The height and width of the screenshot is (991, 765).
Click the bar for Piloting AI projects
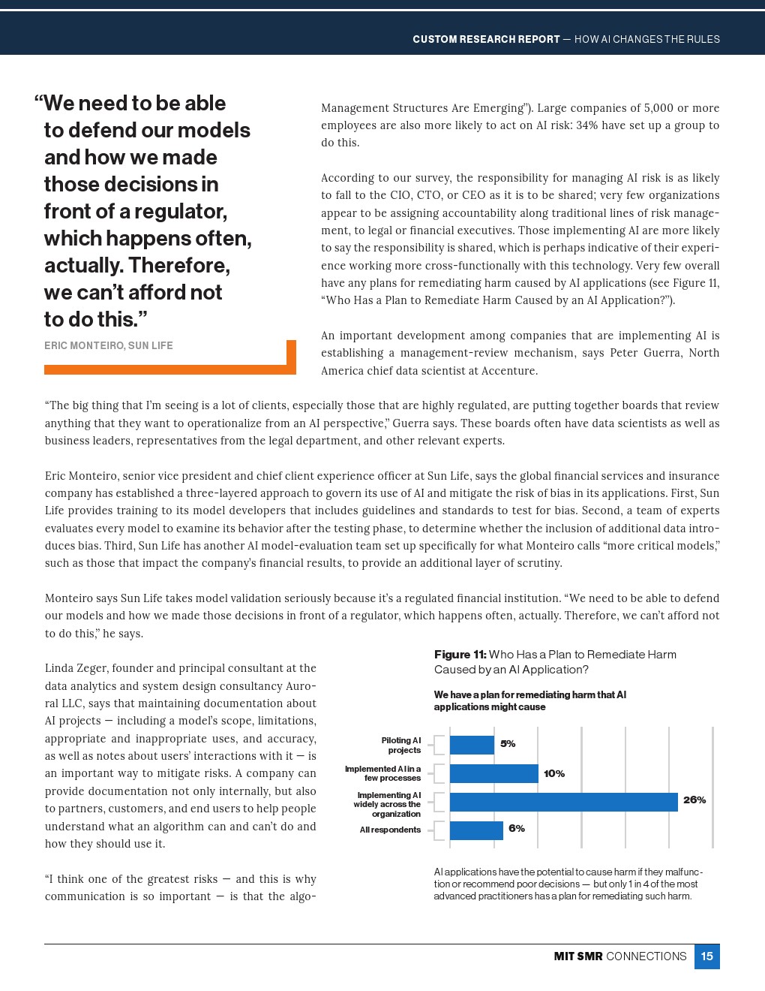[472, 745]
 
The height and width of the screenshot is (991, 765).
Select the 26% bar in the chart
[563, 802]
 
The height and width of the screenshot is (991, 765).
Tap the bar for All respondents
[476, 830]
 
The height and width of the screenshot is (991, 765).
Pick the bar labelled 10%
[493, 773]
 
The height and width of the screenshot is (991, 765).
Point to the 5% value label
[508, 744]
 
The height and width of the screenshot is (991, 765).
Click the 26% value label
[694, 800]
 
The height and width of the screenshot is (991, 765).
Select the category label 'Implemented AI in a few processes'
[383, 773]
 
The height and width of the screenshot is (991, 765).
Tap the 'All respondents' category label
[390, 830]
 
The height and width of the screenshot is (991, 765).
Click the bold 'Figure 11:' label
[460, 655]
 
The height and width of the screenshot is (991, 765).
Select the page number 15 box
[706, 956]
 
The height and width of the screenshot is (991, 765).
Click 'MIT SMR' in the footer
[577, 956]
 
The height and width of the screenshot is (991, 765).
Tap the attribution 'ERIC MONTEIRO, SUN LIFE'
[109, 346]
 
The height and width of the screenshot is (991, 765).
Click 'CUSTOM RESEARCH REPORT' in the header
[486, 39]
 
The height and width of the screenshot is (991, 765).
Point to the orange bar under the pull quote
[165, 369]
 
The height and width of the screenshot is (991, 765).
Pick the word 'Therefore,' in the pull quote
[179, 266]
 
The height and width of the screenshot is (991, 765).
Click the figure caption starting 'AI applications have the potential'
[568, 884]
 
